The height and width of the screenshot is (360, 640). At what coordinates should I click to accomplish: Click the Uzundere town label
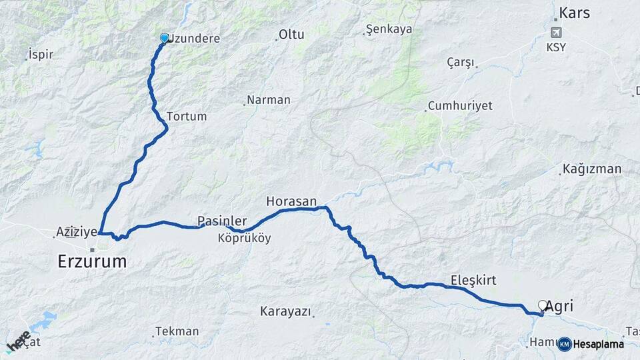tap(194, 39)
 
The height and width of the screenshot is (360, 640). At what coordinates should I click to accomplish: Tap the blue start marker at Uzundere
tap(164, 38)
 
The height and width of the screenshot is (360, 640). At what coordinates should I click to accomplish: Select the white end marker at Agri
tap(542, 305)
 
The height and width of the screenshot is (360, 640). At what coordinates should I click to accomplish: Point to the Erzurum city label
tap(92, 261)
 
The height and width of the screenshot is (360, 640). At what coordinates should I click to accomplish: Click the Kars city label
tap(575, 13)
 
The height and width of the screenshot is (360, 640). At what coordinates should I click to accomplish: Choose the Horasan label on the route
tap(291, 201)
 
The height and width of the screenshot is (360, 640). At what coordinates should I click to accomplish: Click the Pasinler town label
tap(222, 221)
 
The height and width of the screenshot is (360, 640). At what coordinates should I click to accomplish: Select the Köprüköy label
tap(244, 238)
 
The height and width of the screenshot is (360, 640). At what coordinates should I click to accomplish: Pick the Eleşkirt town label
tap(473, 280)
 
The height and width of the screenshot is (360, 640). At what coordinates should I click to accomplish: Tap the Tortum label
tap(187, 116)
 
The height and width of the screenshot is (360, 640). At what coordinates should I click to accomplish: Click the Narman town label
tap(268, 100)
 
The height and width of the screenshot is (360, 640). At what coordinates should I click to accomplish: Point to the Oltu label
tap(291, 34)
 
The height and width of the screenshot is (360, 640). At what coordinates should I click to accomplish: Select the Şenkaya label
tap(390, 29)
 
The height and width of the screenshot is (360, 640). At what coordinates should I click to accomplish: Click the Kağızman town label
tap(592, 169)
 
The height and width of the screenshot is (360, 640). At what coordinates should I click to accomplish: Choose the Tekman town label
tap(177, 331)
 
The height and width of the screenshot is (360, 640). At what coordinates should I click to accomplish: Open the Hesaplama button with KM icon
tap(591, 344)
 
